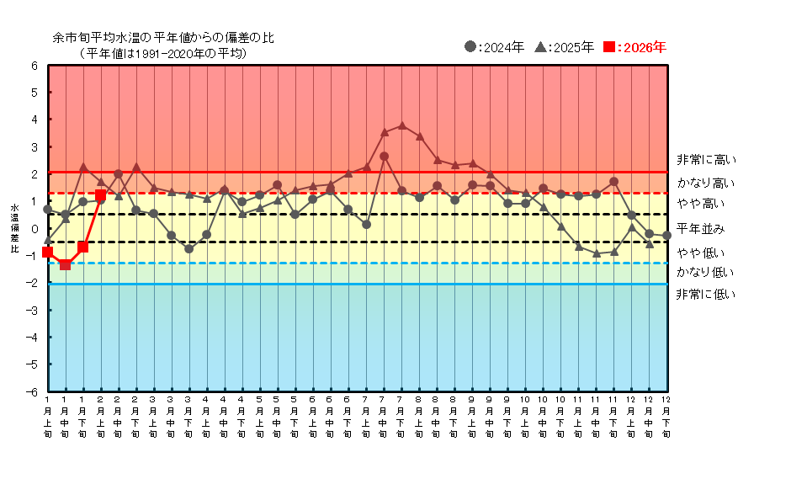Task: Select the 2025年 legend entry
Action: tap(565, 47)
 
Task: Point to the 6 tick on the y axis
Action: tap(35, 66)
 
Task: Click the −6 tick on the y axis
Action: tap(35, 391)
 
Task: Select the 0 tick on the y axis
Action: tap(35, 229)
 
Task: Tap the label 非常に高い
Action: tap(705, 160)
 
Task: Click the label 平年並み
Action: tap(700, 229)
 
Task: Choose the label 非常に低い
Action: tap(705, 294)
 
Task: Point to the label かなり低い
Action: tap(705, 272)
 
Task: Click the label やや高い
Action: tap(700, 204)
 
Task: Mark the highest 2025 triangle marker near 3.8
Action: tap(401, 125)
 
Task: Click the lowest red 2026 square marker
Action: tap(65, 265)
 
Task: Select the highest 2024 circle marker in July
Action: tap(384, 156)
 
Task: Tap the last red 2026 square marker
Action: tap(100, 194)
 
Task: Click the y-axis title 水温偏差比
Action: tap(13, 227)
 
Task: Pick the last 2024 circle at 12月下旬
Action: tap(666, 236)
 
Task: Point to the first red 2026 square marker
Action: tap(47, 253)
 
